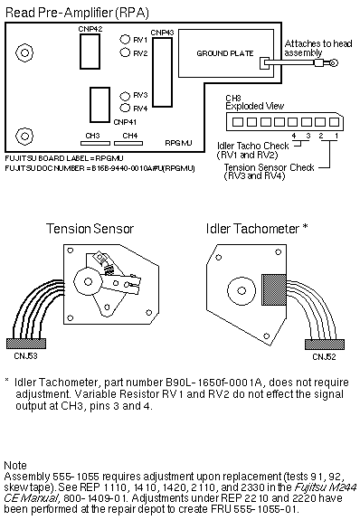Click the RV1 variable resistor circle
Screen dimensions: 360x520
coord(125,39)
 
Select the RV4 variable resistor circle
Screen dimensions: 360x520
coord(125,108)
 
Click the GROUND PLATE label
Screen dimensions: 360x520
coord(225,53)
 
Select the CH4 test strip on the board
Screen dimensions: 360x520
coord(128,143)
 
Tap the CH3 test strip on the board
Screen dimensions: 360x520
coord(95,143)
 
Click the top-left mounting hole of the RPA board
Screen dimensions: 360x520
coord(24,52)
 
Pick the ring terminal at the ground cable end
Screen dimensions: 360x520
coord(334,62)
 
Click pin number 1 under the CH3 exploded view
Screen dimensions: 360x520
coord(336,136)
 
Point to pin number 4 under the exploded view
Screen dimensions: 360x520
coord(294,136)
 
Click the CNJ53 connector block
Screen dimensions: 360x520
coord(26,344)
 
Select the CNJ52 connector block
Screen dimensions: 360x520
coord(325,345)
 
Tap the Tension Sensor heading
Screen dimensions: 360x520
coord(90,229)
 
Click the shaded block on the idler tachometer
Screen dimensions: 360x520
coord(274,290)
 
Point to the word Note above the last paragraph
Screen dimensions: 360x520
coord(15,465)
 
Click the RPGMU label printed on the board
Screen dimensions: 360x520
coord(178,143)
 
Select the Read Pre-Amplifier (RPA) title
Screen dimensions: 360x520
coord(77,13)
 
